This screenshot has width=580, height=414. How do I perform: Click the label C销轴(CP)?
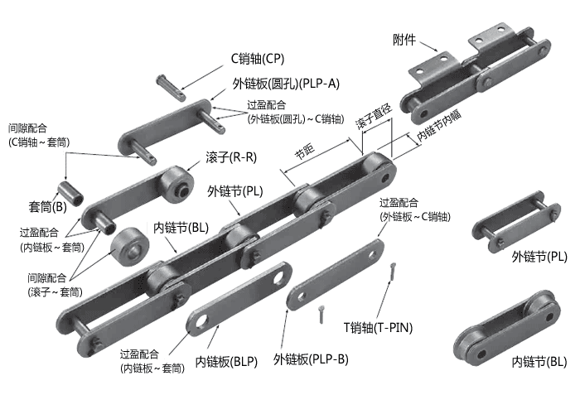(x=257, y=58)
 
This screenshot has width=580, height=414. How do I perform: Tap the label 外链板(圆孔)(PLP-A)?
(x=287, y=83)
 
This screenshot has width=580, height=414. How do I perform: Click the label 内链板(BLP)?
(x=225, y=361)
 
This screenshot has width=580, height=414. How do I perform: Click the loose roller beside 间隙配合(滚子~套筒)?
(x=128, y=243)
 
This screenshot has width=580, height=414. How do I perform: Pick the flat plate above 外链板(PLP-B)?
(x=336, y=272)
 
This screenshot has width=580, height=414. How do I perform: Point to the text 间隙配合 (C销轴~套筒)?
(x=38, y=135)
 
